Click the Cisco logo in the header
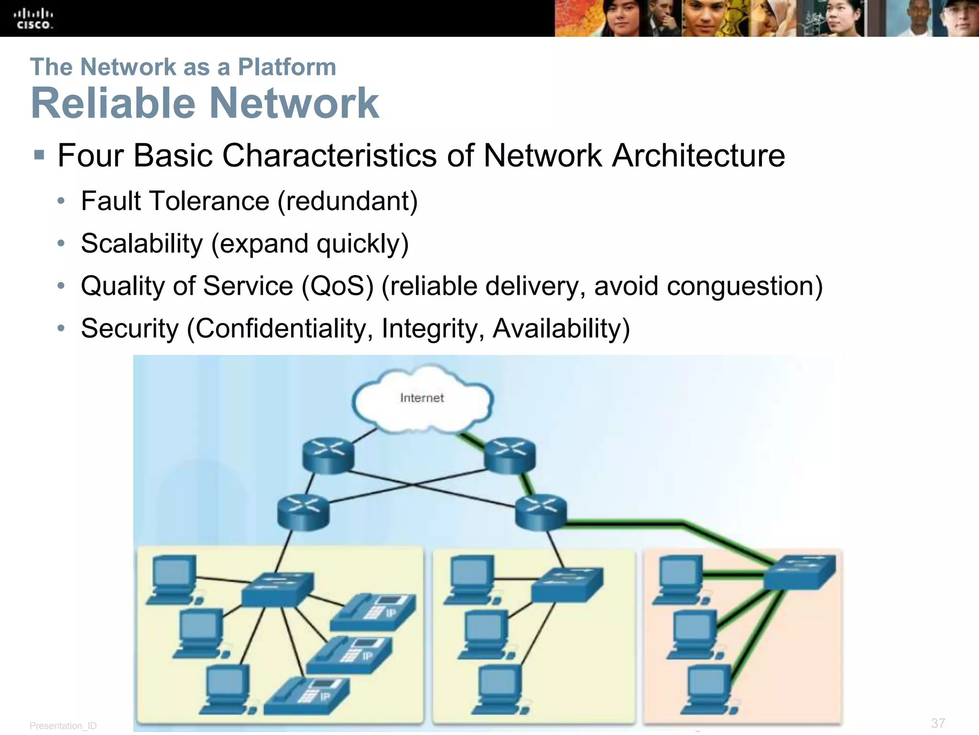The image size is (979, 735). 33,18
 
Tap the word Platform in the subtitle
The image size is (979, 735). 287,67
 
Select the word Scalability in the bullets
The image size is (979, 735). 142,244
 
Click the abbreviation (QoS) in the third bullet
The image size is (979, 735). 337,286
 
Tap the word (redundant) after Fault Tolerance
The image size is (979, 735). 348,201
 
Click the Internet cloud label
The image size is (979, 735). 422,398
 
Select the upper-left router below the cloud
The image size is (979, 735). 328,455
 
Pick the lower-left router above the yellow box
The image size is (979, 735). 303,511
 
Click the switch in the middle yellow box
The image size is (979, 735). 566,585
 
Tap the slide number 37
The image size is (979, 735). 938,723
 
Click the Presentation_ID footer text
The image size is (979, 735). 63,726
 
